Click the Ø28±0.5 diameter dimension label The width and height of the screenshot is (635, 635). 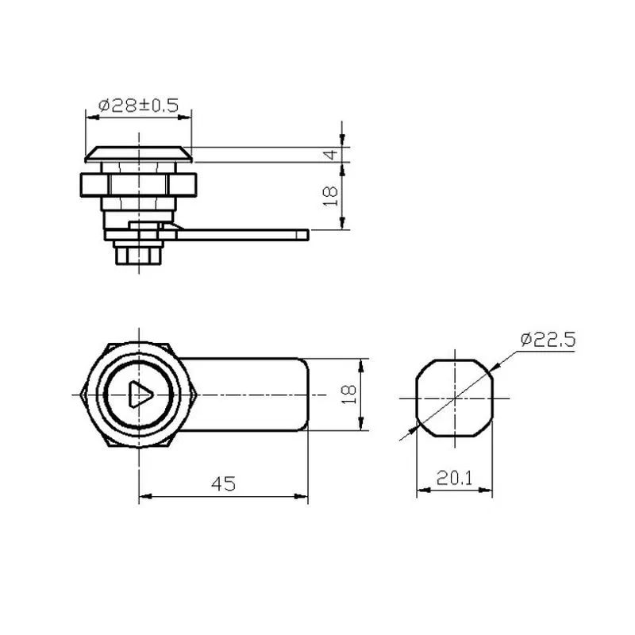(138, 106)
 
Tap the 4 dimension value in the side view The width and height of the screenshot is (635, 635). (331, 154)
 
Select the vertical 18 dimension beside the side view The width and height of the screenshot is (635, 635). (330, 196)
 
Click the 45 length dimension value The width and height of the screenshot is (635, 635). (223, 483)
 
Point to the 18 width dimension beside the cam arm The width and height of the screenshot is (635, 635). (348, 394)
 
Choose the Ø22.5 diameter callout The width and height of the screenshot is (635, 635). (548, 340)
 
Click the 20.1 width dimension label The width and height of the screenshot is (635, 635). (454, 479)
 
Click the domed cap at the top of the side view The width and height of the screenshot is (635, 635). (138, 154)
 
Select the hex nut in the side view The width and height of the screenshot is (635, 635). (138, 185)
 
